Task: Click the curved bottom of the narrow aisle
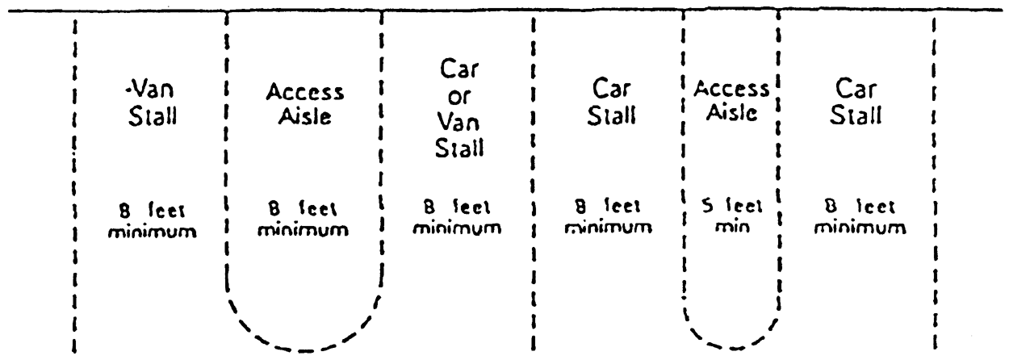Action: [x=730, y=343]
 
